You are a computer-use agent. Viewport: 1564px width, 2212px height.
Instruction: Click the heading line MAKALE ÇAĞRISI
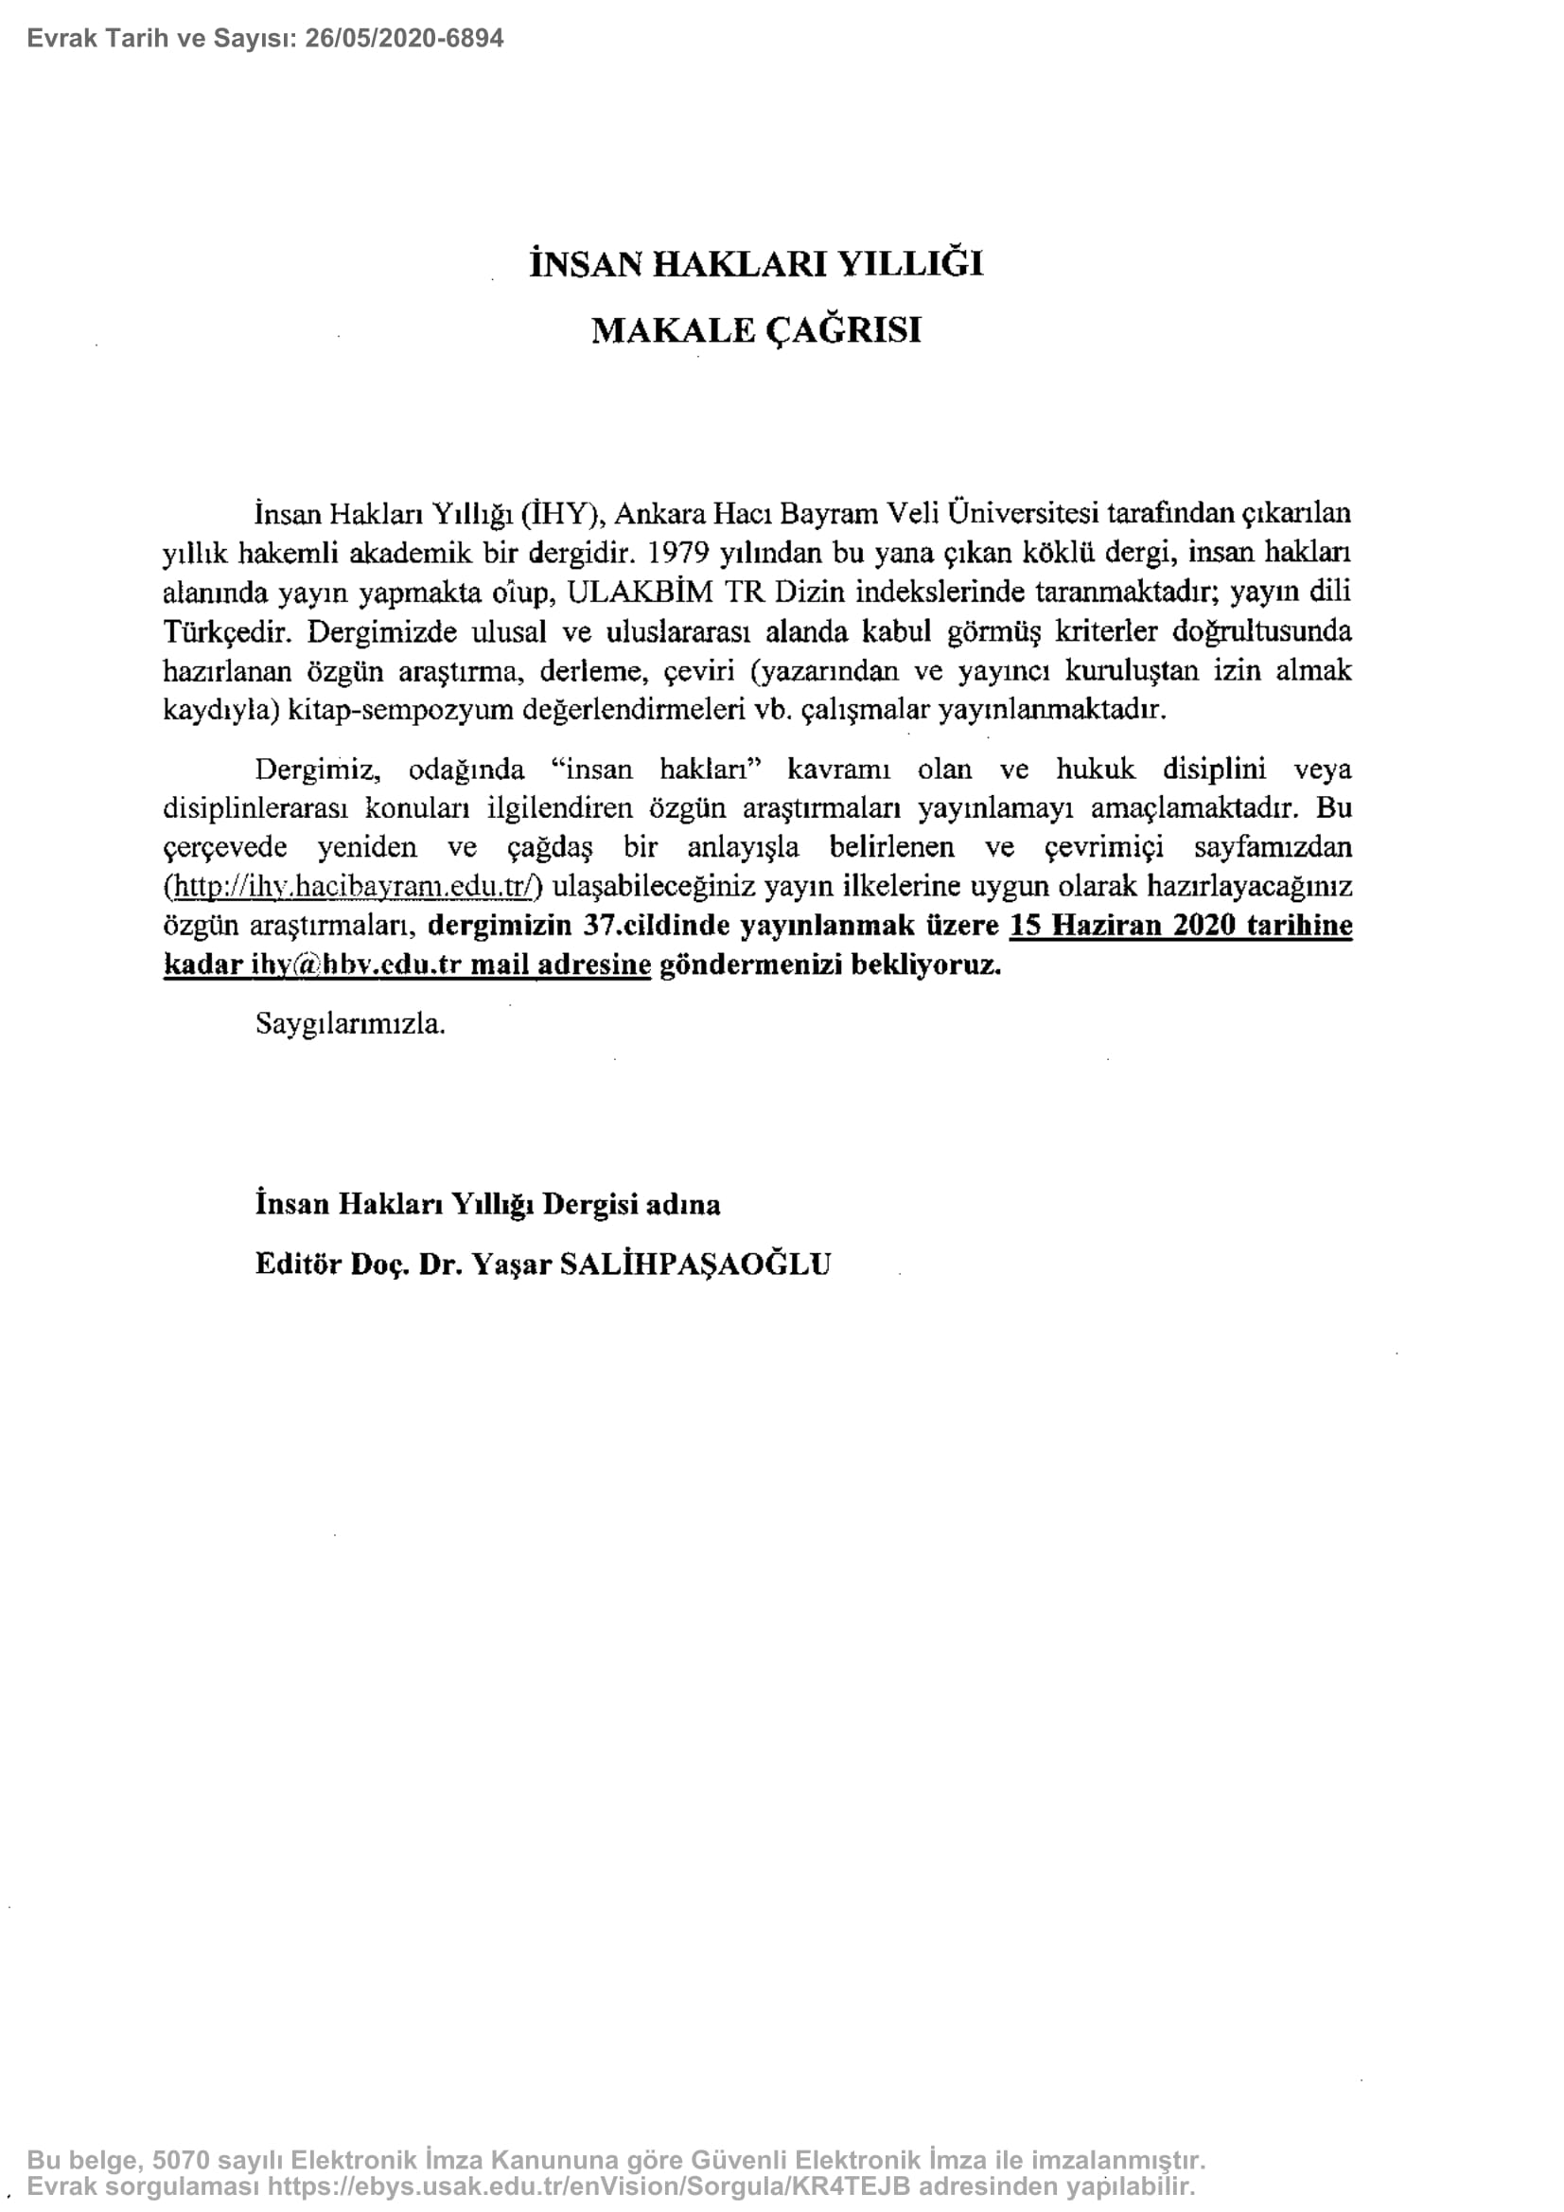tap(756, 329)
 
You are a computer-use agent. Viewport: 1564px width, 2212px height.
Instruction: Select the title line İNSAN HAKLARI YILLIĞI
tap(756, 263)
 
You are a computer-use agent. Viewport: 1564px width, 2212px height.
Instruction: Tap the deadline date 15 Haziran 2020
tap(1122, 925)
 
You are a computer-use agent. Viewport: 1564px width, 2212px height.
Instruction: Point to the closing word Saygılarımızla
tap(350, 1023)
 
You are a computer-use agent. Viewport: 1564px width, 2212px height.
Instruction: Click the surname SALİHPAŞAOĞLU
tap(694, 1264)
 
